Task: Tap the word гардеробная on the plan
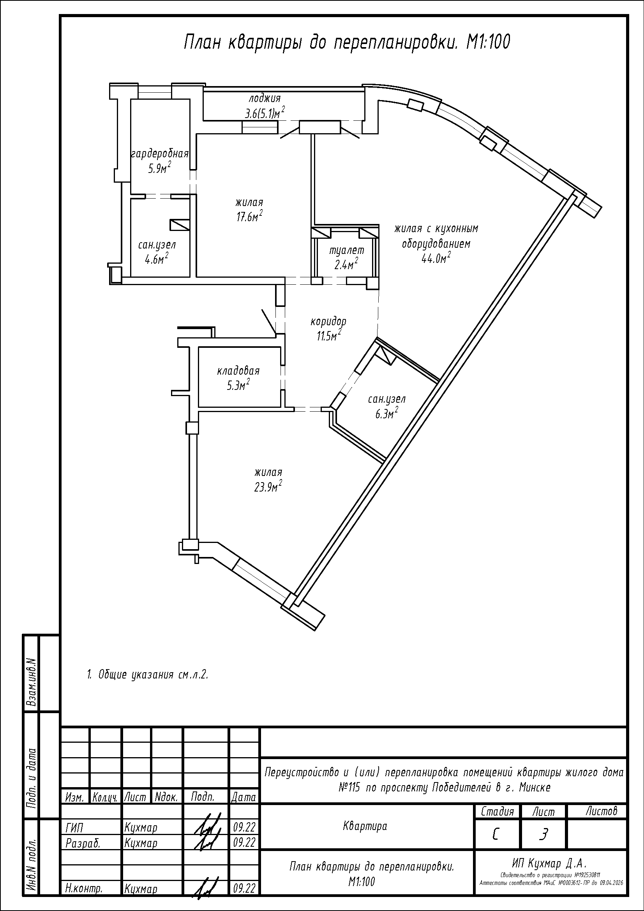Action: (159, 154)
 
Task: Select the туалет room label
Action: (347, 250)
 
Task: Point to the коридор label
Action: (328, 321)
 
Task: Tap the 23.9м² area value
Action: (268, 486)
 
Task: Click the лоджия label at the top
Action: (265, 98)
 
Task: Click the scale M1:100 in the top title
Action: (488, 42)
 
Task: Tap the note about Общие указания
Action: (147, 675)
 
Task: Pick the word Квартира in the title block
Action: (365, 826)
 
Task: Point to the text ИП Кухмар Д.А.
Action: (549, 863)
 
